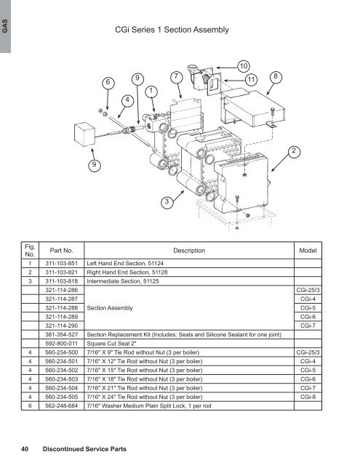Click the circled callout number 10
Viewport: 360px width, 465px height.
coord(244,66)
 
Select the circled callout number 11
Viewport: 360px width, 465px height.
coord(251,79)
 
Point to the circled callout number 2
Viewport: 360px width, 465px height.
coord(294,151)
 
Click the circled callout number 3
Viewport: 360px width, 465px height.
coord(167,202)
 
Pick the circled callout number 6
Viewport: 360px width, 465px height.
coord(108,82)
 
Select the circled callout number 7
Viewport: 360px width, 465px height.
coord(176,76)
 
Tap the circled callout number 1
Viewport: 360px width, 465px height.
coord(151,91)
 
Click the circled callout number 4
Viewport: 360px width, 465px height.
coord(127,100)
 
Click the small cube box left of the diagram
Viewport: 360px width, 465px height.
coord(84,134)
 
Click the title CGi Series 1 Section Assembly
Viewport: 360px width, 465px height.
coord(172,30)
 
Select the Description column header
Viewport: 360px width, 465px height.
coord(189,251)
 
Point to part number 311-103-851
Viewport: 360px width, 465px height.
coord(61,263)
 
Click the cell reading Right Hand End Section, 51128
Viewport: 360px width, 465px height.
coord(127,272)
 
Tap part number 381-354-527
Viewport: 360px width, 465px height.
coord(61,334)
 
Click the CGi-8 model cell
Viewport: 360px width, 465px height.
coord(308,397)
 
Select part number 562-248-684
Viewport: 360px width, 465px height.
coord(61,405)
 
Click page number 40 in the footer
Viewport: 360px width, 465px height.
coord(25,449)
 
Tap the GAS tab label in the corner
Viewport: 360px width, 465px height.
coord(5,26)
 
